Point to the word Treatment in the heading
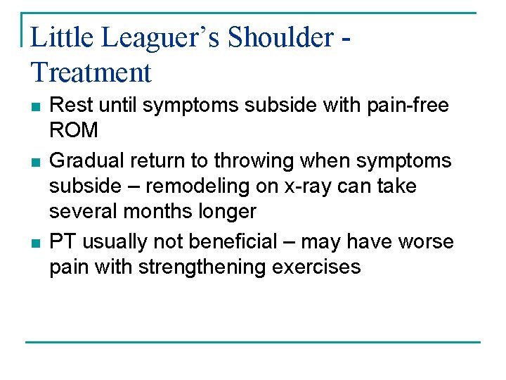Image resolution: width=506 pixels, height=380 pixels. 91,72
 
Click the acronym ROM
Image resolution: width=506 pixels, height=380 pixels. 74,131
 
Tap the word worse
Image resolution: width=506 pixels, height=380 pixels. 424,241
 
